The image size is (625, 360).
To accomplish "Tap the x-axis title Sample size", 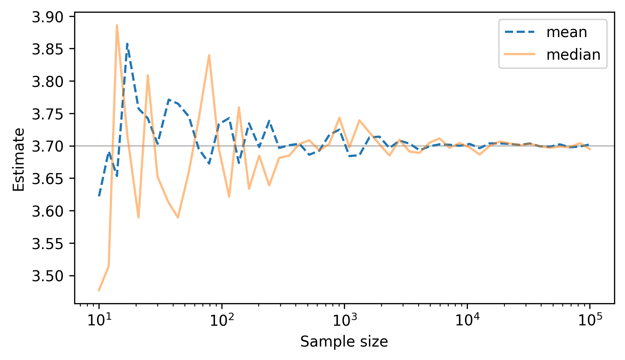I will [344, 342].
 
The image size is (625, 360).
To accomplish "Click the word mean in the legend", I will [566, 33].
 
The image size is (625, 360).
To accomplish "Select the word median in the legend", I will [573, 55].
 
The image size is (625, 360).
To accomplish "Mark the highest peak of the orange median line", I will [117, 25].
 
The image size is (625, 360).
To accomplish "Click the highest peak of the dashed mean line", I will [127, 43].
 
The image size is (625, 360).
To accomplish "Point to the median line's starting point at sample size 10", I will [99, 291].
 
